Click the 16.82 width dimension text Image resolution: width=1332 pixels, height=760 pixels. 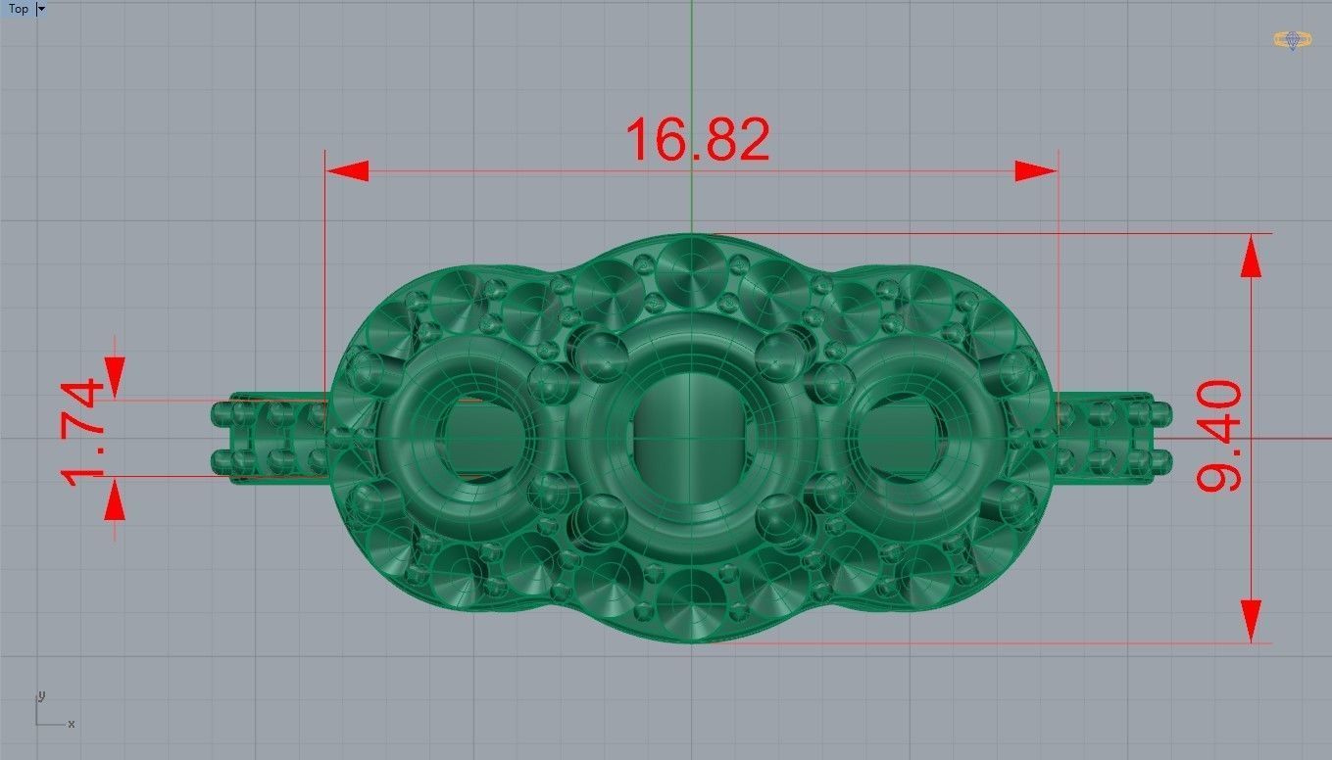coord(696,140)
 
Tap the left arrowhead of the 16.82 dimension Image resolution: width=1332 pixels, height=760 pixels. coord(347,171)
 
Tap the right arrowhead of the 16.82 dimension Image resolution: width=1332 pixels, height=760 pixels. coord(1036,171)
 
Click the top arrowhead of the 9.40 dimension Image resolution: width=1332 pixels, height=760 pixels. coord(1251,257)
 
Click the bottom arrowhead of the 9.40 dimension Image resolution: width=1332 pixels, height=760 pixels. coord(1251,621)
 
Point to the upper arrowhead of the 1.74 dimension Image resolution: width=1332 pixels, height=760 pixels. coord(116,371)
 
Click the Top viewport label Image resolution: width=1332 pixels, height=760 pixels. coord(18,9)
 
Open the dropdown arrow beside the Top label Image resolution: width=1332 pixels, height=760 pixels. coord(41,9)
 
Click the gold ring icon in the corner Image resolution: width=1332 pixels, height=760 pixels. coord(1293,40)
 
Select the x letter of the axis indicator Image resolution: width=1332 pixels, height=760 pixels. coord(72,724)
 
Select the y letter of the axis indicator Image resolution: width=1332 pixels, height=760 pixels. coord(41,696)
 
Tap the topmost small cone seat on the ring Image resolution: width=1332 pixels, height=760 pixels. coord(692,261)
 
